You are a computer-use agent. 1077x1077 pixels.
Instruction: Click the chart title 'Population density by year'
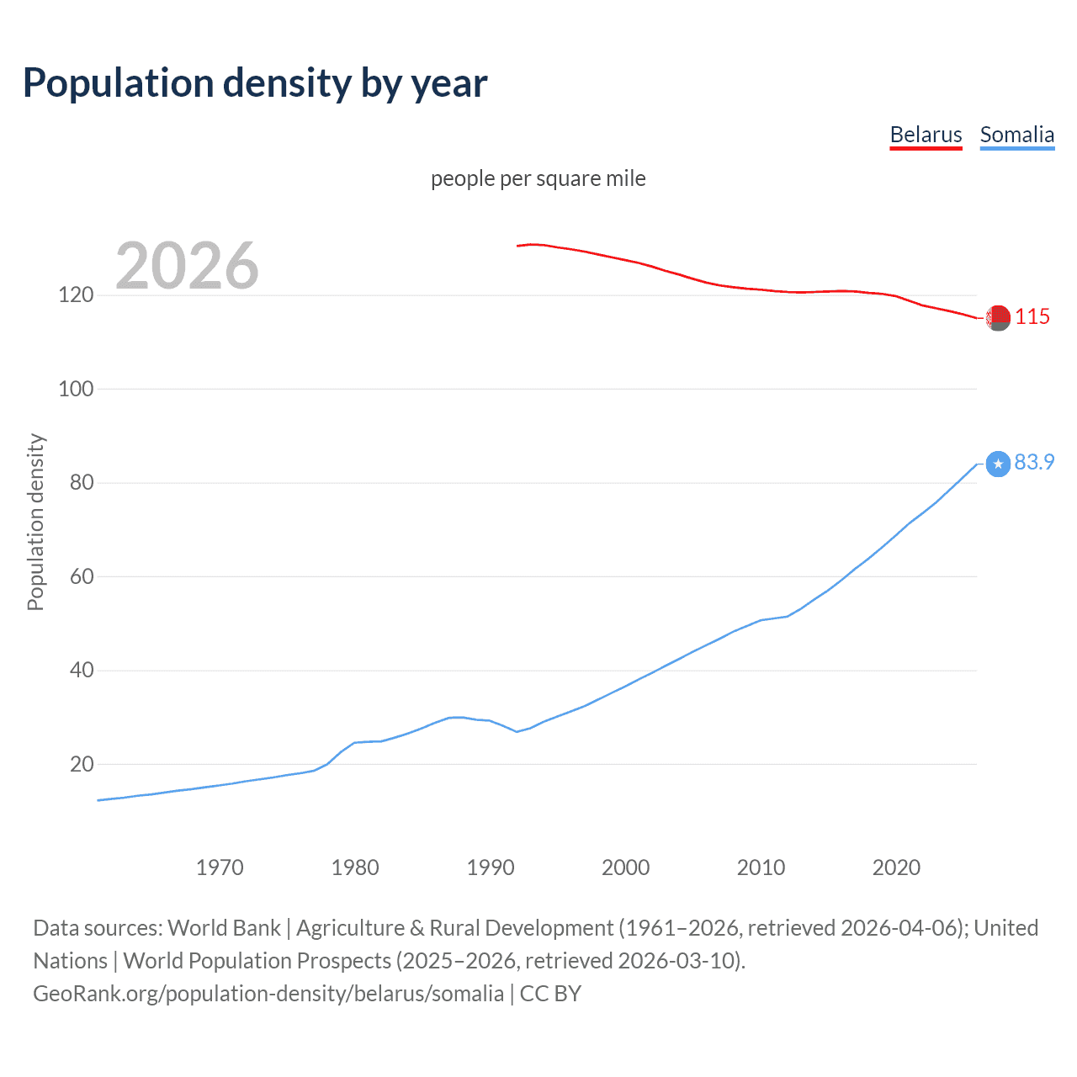(255, 83)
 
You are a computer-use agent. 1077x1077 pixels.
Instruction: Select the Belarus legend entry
(926, 135)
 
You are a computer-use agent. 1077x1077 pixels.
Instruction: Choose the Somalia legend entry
(1016, 135)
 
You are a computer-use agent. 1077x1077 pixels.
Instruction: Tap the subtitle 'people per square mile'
(538, 178)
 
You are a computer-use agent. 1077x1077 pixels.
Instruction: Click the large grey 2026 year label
(187, 266)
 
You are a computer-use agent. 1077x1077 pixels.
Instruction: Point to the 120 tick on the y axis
(76, 295)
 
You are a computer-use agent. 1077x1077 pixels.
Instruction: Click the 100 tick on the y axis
(76, 390)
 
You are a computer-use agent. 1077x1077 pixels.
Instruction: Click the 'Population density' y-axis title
(35, 522)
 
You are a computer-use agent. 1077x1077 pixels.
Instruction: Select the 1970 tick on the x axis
(220, 867)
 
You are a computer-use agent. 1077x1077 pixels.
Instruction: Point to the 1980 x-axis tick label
(355, 867)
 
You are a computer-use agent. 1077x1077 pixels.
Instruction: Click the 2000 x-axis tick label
(625, 867)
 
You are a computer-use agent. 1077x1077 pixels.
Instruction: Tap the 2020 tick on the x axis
(896, 867)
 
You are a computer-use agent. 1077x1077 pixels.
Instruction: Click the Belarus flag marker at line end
(998, 318)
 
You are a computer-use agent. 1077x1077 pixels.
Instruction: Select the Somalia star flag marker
(998, 464)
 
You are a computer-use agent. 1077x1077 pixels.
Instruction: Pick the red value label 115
(1032, 317)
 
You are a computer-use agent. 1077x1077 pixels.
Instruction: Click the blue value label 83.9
(1034, 463)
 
